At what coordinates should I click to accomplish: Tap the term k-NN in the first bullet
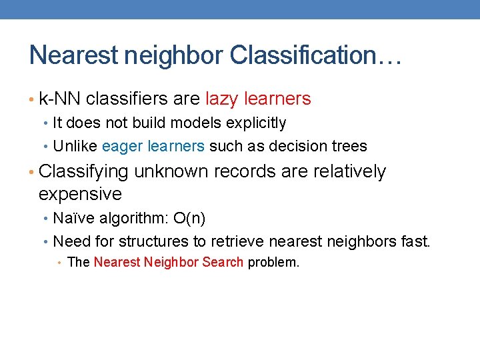[x=60, y=99]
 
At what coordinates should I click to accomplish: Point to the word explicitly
[x=255, y=123]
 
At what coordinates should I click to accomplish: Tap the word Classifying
[x=83, y=172]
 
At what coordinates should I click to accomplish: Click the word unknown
[x=171, y=172]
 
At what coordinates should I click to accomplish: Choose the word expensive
[x=80, y=195]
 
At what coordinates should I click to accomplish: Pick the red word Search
[x=223, y=262]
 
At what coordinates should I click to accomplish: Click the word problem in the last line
[x=273, y=263]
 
